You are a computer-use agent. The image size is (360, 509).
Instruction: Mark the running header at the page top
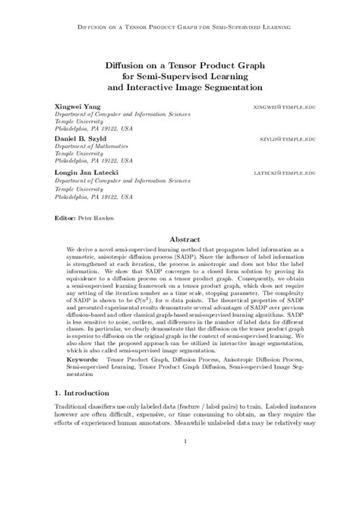click(x=180, y=26)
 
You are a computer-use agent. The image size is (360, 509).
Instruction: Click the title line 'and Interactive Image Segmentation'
click(x=180, y=87)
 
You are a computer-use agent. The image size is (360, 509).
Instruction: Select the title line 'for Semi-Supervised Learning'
click(x=180, y=76)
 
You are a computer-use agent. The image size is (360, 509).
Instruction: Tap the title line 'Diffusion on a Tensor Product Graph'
click(x=180, y=65)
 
